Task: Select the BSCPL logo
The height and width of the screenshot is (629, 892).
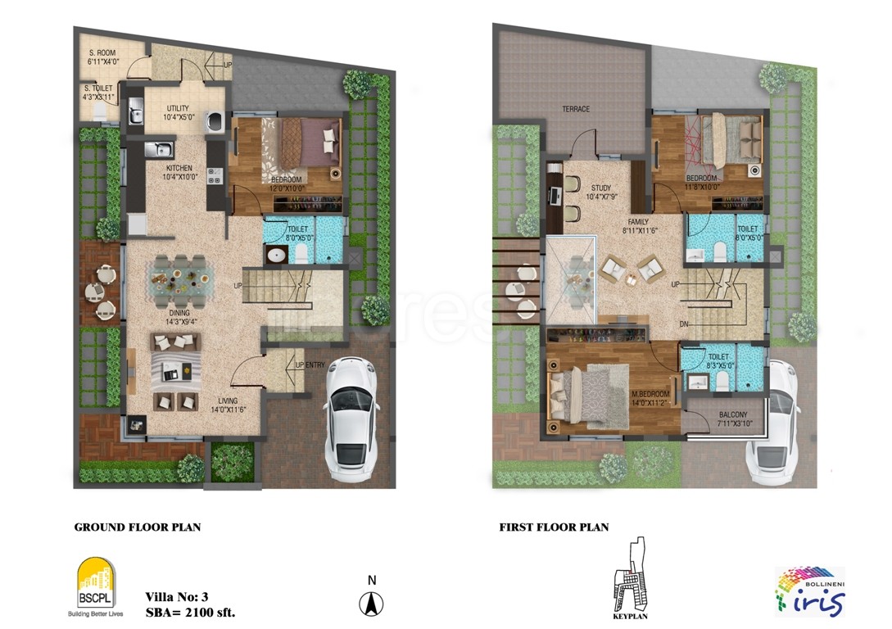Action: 97,583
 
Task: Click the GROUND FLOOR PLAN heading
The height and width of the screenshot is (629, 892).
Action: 138,527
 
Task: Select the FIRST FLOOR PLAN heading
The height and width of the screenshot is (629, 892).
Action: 554,527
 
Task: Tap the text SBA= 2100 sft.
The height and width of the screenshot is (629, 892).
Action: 192,611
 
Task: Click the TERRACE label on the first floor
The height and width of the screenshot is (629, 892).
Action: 576,109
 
